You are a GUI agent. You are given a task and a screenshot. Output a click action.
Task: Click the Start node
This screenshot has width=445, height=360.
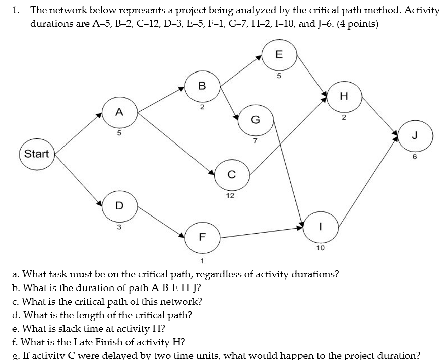pyautogui.click(x=37, y=154)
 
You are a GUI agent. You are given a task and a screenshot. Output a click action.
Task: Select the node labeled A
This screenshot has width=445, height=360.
pyautogui.click(x=119, y=113)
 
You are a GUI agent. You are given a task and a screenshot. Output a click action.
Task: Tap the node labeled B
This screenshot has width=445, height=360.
pyautogui.click(x=202, y=86)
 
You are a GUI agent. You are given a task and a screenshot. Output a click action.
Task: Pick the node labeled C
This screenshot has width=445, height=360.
pyautogui.click(x=231, y=175)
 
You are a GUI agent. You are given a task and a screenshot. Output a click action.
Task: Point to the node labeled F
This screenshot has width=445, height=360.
pyautogui.click(x=202, y=237)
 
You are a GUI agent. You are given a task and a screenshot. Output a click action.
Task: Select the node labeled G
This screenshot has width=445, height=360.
pyautogui.click(x=256, y=120)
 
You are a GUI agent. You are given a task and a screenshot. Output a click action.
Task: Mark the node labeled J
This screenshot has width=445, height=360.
pyautogui.click(x=415, y=136)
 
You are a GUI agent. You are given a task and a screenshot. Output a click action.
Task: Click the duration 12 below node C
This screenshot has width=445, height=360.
pyautogui.click(x=230, y=195)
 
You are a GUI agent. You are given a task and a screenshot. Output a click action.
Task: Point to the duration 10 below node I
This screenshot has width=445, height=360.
pyautogui.click(x=320, y=248)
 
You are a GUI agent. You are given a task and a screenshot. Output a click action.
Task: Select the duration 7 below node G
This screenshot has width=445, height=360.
pyautogui.click(x=255, y=140)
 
